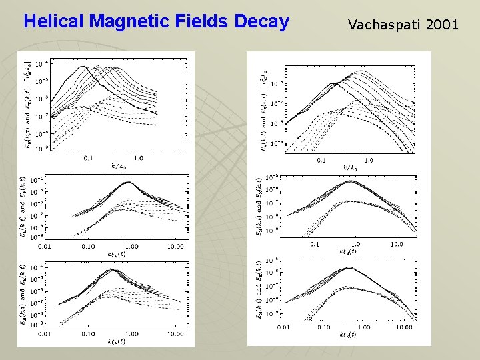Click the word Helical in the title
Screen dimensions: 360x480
tap(53, 22)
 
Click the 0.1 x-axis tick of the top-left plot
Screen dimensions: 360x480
tap(89, 158)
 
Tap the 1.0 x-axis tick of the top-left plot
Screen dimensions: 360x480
tap(138, 158)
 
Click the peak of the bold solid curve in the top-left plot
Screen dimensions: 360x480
tap(82, 66)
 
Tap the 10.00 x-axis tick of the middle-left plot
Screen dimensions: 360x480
tap(175, 247)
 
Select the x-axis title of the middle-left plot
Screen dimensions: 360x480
tap(117, 254)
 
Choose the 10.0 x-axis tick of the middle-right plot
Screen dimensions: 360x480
tap(397, 245)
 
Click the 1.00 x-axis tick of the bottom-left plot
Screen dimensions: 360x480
tap(131, 333)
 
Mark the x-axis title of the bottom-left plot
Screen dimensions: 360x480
tap(117, 341)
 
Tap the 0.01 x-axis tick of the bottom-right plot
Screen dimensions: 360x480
tap(283, 327)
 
